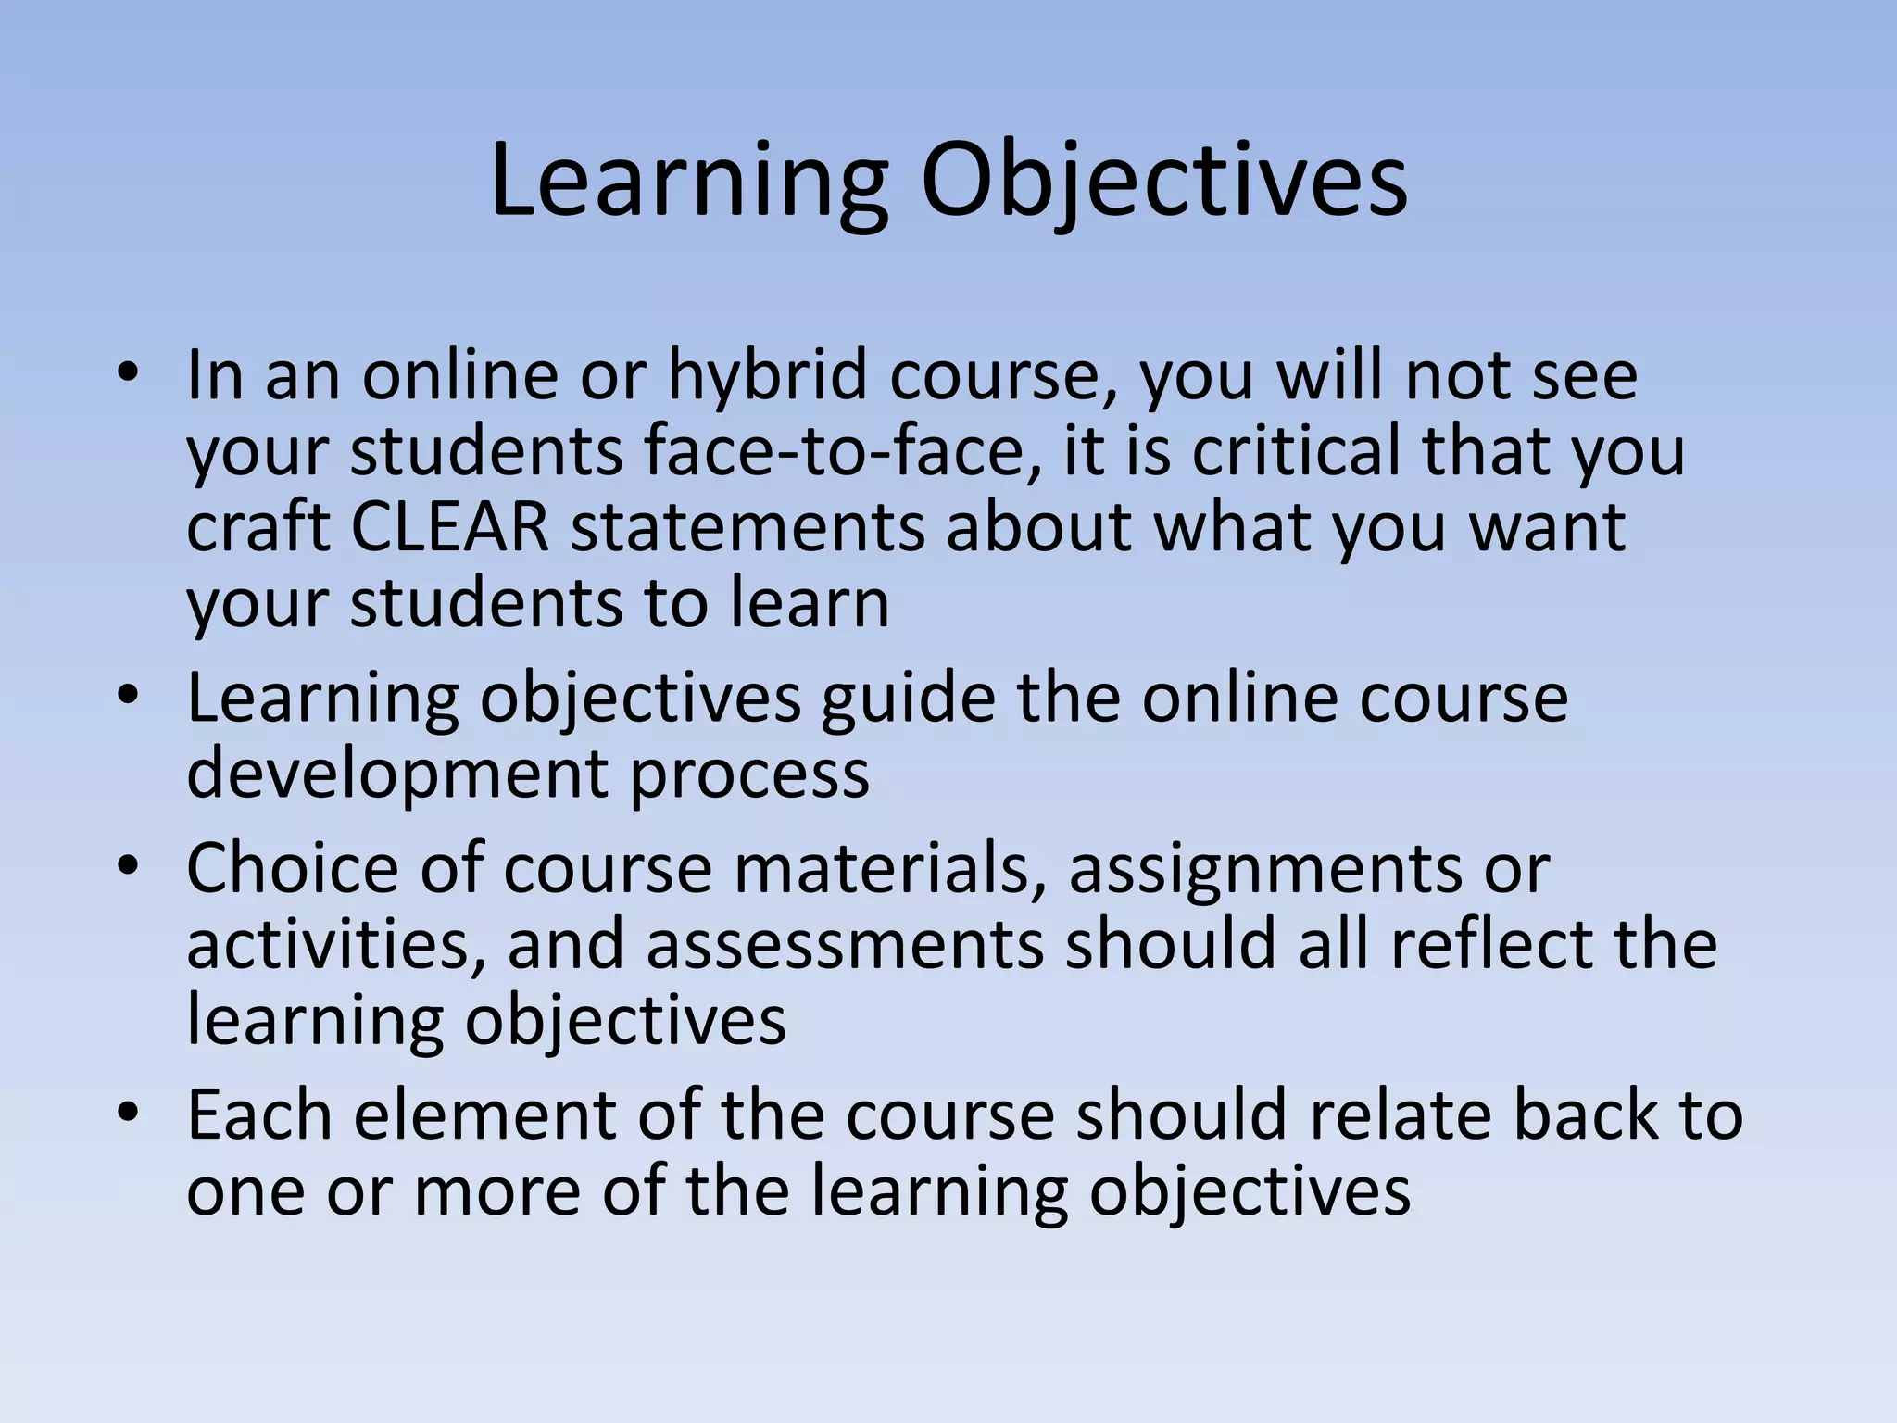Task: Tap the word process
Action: point(750,773)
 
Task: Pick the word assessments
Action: point(844,944)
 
